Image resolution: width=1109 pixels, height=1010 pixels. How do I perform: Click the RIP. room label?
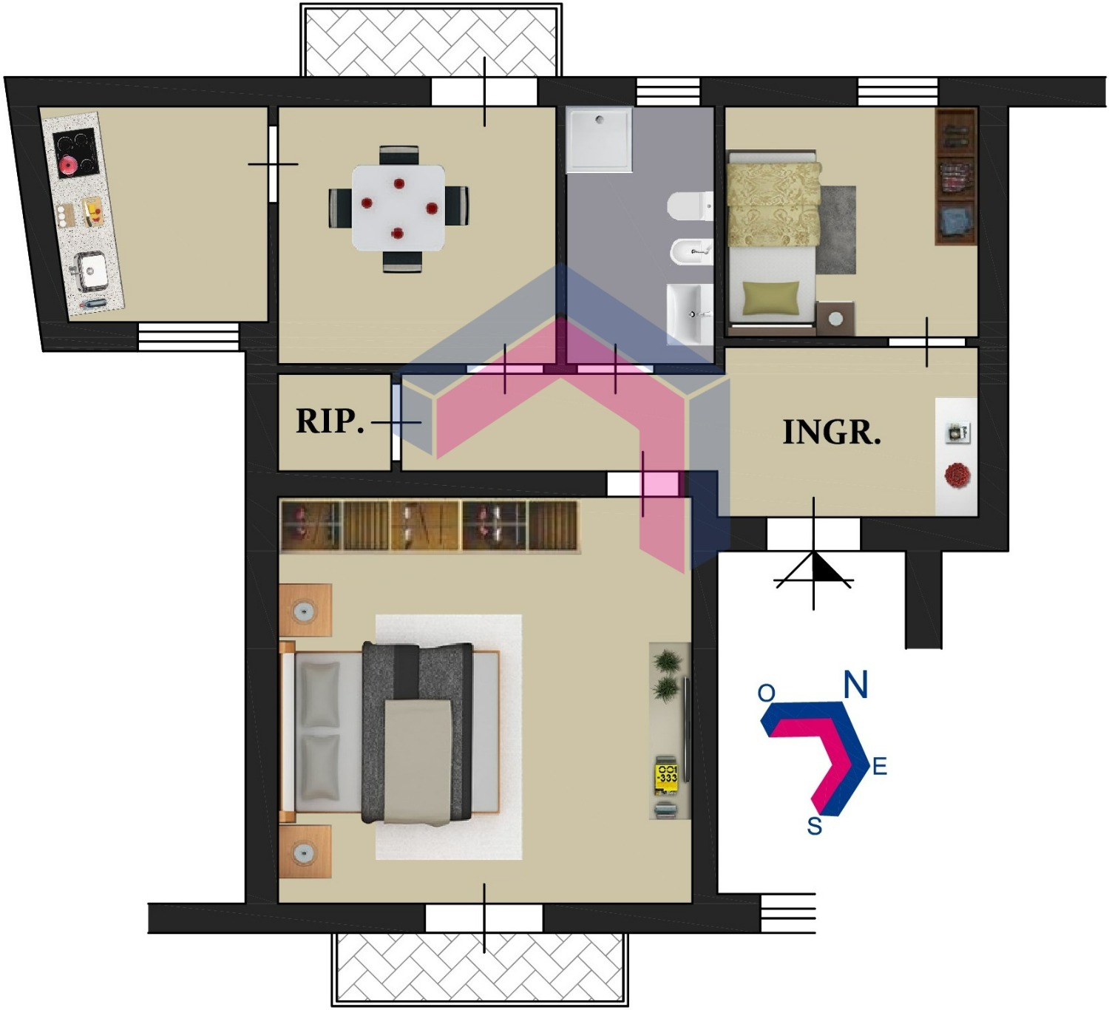tap(330, 422)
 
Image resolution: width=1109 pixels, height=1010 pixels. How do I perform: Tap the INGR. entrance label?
tap(832, 433)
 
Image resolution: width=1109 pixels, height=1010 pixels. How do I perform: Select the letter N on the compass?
tap(855, 684)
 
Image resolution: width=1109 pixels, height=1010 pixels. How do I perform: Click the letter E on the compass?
tap(880, 766)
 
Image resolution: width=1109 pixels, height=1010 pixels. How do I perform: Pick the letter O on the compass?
tap(766, 693)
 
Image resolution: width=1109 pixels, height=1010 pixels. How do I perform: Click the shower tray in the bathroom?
tap(600, 140)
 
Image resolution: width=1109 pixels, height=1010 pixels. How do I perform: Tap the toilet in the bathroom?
tap(690, 206)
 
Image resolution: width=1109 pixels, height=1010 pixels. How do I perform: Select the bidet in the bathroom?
tap(691, 252)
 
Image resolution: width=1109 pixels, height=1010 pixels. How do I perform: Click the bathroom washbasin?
tap(690, 313)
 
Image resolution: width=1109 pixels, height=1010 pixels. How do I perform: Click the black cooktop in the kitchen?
tap(77, 153)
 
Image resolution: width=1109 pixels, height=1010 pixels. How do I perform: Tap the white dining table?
tap(399, 208)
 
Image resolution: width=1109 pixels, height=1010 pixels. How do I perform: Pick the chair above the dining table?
tap(399, 155)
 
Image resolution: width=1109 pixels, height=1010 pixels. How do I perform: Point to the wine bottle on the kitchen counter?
tap(93, 302)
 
